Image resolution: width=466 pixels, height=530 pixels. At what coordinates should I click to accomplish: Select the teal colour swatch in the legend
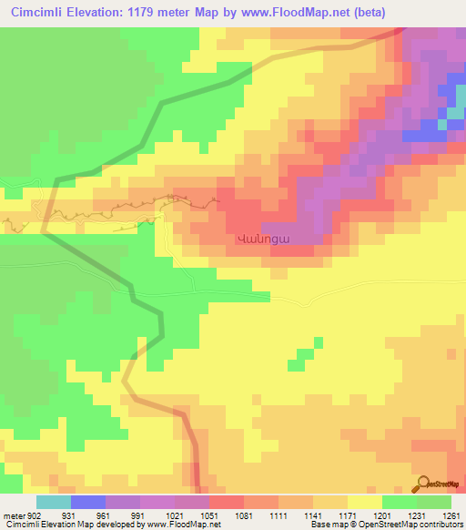pyautogui.click(x=54, y=502)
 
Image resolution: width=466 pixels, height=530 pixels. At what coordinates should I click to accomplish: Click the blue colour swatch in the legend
pyautogui.click(x=88, y=502)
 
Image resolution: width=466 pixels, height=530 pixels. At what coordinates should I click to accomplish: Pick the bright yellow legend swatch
pyautogui.click(x=365, y=502)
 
